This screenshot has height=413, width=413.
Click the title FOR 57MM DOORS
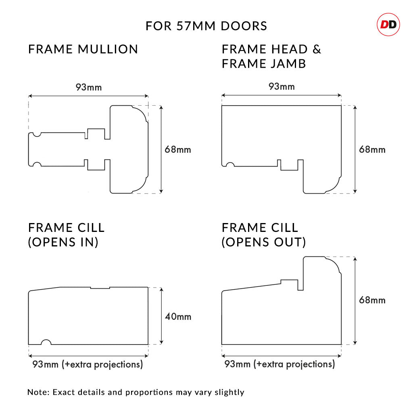206,26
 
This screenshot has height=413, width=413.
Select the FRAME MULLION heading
83,49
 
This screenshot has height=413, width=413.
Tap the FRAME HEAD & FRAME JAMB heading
271,56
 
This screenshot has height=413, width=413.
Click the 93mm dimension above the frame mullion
88,87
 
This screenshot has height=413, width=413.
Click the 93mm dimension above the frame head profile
282,87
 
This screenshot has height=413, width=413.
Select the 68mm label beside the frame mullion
178,150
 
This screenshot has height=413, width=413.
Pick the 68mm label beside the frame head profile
372,150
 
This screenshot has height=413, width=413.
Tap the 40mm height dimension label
178,317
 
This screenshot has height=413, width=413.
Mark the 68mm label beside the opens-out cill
372,300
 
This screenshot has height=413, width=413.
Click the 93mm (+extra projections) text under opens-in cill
88,365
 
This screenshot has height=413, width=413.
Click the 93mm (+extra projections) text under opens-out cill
280,365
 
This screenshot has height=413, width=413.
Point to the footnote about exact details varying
136,392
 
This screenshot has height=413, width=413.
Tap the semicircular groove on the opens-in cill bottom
46,342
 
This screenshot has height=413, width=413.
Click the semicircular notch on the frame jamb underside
230,165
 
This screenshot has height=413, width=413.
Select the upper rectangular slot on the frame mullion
96,134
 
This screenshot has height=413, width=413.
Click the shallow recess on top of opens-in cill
100,288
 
